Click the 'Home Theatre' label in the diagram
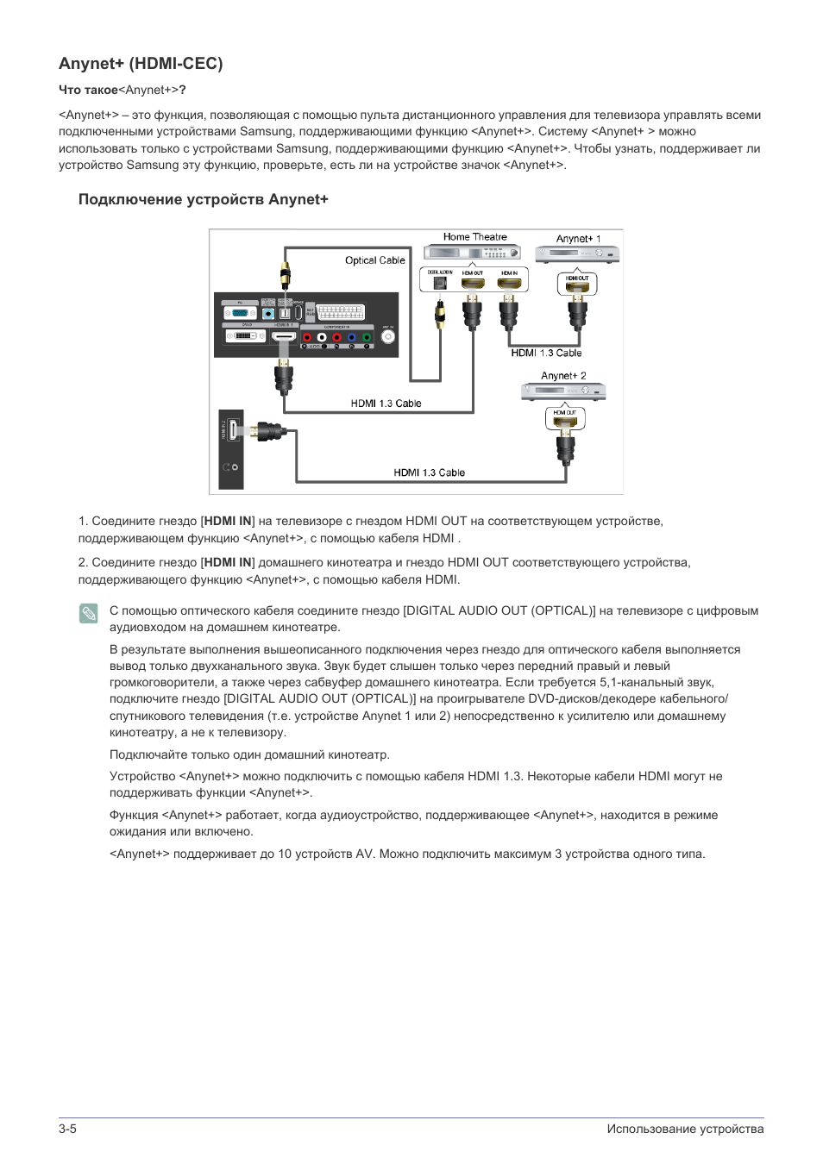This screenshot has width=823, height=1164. (x=474, y=237)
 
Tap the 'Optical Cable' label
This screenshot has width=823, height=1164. (x=374, y=260)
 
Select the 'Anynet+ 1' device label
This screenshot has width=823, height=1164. (x=578, y=239)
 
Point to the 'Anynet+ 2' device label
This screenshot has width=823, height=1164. (x=563, y=376)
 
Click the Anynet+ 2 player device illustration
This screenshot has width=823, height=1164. (x=563, y=391)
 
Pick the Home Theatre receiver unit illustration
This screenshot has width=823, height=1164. (x=472, y=253)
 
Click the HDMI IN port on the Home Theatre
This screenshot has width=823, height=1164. (x=509, y=282)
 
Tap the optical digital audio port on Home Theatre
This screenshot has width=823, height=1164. (x=440, y=283)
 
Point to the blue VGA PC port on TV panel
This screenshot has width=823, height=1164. (x=240, y=313)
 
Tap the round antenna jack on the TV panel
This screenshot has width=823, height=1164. (x=388, y=337)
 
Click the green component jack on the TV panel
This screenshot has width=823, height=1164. (x=366, y=338)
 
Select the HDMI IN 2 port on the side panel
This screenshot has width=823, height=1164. (x=233, y=430)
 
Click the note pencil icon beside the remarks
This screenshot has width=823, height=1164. (x=88, y=613)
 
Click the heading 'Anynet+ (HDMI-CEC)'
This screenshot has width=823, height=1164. (x=141, y=63)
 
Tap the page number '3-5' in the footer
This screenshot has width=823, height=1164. (x=67, y=1129)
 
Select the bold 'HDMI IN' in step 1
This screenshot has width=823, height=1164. (x=228, y=521)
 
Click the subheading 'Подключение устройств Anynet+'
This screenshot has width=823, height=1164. (x=204, y=199)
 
